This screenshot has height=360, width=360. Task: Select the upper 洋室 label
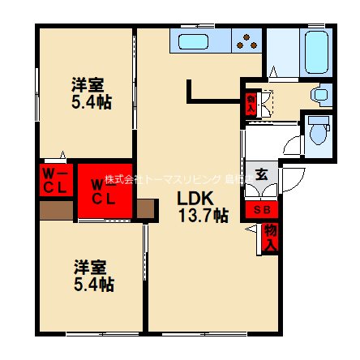tap(86, 84)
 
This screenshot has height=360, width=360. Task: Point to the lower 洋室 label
tap(88, 267)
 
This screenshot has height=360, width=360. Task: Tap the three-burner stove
tap(246, 41)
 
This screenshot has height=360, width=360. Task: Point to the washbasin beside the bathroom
tap(321, 94)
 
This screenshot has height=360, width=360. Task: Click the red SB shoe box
tap(263, 210)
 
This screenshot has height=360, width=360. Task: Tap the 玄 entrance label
tap(262, 174)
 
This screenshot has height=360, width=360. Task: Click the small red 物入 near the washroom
tap(251, 103)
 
